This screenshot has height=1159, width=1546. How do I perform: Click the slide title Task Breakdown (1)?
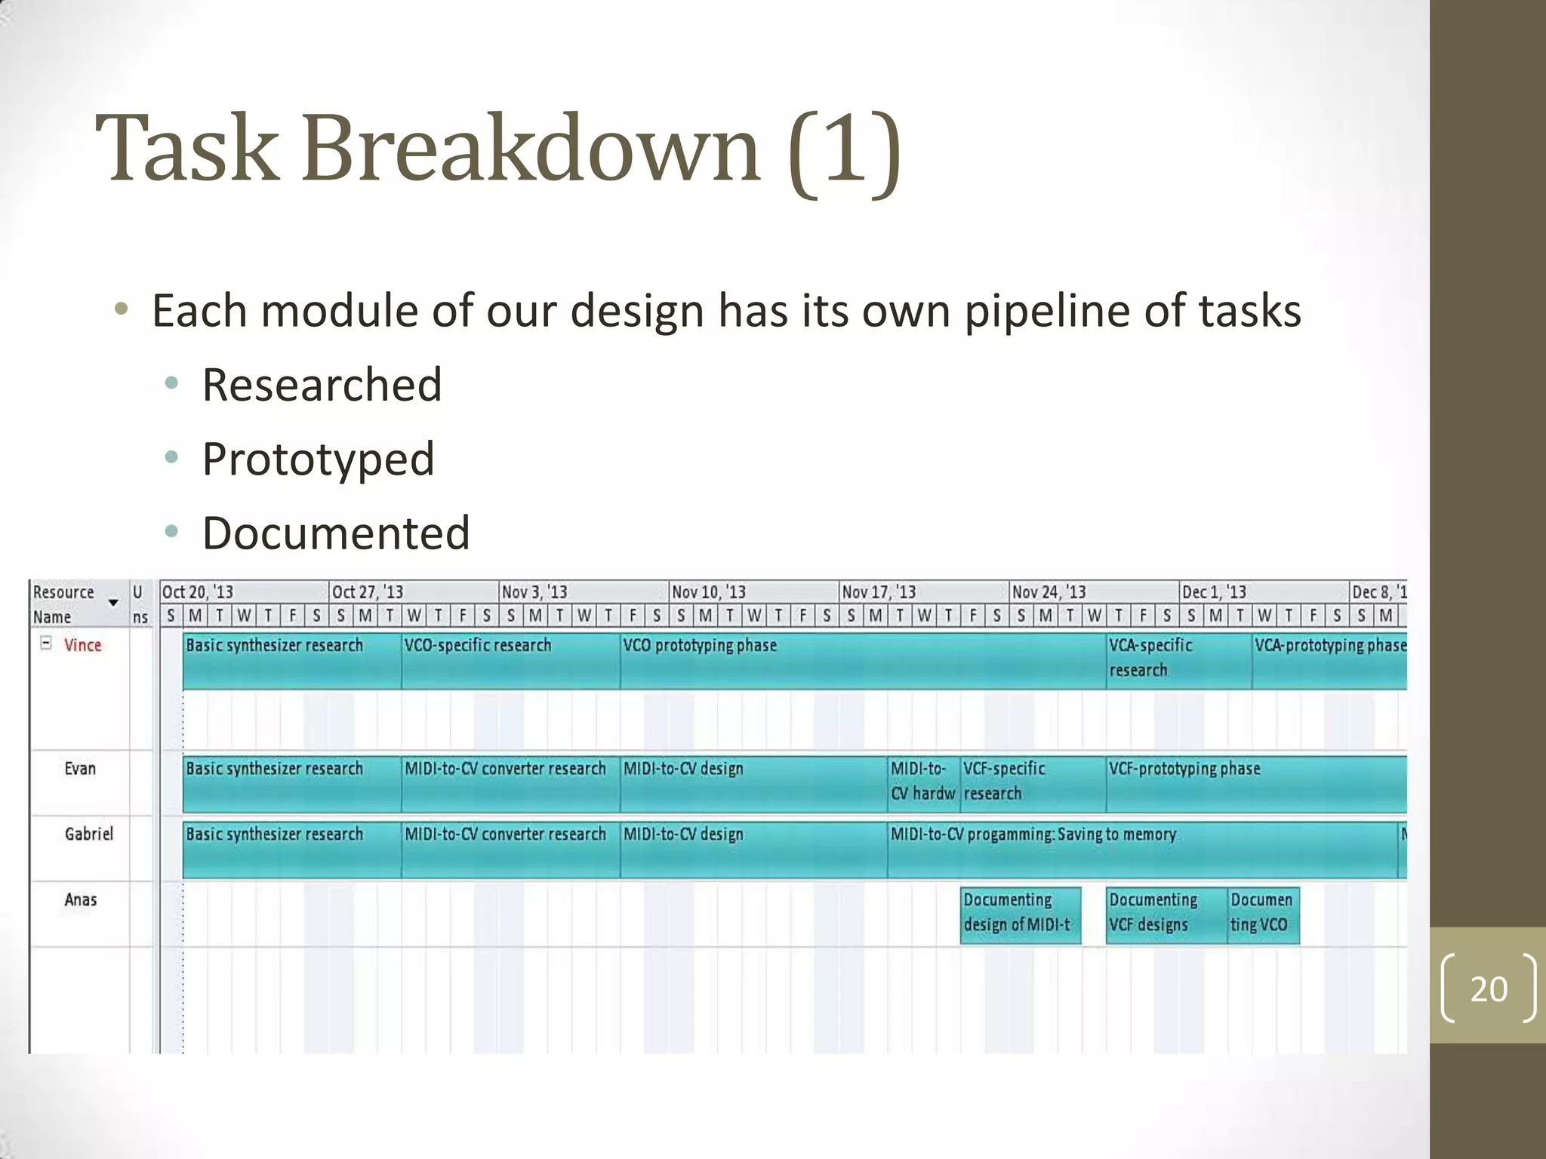(x=498, y=149)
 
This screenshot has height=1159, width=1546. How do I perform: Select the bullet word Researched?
(x=322, y=385)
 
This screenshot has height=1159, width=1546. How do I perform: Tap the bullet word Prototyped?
(x=318, y=459)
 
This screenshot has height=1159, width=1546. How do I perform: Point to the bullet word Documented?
(x=336, y=533)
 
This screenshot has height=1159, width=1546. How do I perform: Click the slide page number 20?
(x=1488, y=988)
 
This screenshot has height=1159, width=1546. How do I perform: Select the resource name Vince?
(x=82, y=645)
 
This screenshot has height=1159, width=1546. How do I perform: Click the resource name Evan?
(x=80, y=769)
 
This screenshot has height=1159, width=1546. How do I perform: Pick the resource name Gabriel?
(x=88, y=834)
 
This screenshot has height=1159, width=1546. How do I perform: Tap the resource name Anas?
(x=80, y=899)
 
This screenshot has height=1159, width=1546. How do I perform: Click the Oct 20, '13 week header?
(x=198, y=592)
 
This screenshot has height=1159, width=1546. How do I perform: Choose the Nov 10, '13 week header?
(x=708, y=592)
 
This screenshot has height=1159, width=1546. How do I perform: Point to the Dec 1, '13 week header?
(x=1214, y=592)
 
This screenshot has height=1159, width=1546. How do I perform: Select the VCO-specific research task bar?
(x=510, y=661)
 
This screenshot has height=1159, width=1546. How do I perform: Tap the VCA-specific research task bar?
(x=1178, y=661)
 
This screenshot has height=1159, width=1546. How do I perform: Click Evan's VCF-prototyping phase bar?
(x=1256, y=785)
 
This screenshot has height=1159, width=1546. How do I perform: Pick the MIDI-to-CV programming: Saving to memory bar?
(x=1141, y=850)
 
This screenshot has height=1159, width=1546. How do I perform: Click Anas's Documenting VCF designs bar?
(x=1166, y=915)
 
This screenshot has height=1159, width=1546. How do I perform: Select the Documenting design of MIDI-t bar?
(x=1020, y=915)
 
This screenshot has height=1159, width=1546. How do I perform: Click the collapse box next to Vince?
(x=46, y=644)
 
